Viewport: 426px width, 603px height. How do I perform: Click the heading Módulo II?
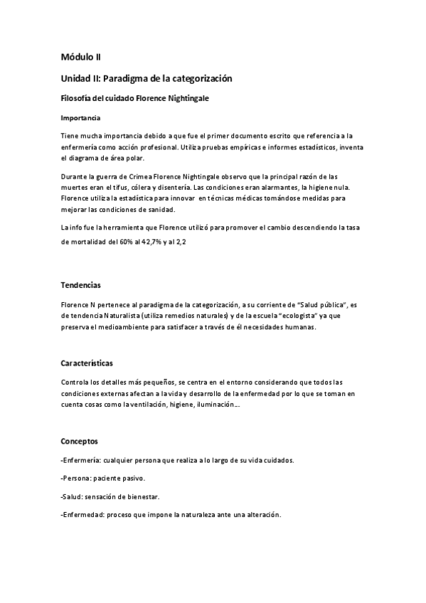(85, 58)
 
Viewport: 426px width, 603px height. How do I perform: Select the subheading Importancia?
(80, 117)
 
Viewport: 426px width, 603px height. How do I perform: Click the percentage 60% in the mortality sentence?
(124, 242)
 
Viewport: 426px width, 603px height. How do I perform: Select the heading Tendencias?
(80, 285)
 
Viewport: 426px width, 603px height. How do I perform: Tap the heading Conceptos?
(79, 442)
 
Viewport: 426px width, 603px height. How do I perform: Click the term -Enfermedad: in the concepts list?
(82, 516)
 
